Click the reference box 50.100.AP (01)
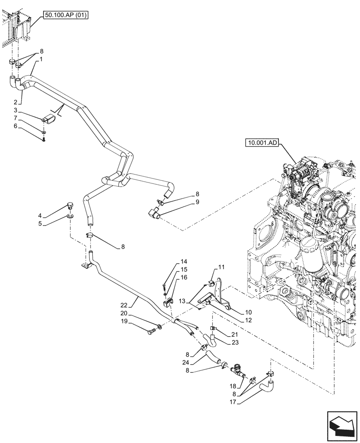[66, 16]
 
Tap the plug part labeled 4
[69, 206]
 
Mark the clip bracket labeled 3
[49, 119]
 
